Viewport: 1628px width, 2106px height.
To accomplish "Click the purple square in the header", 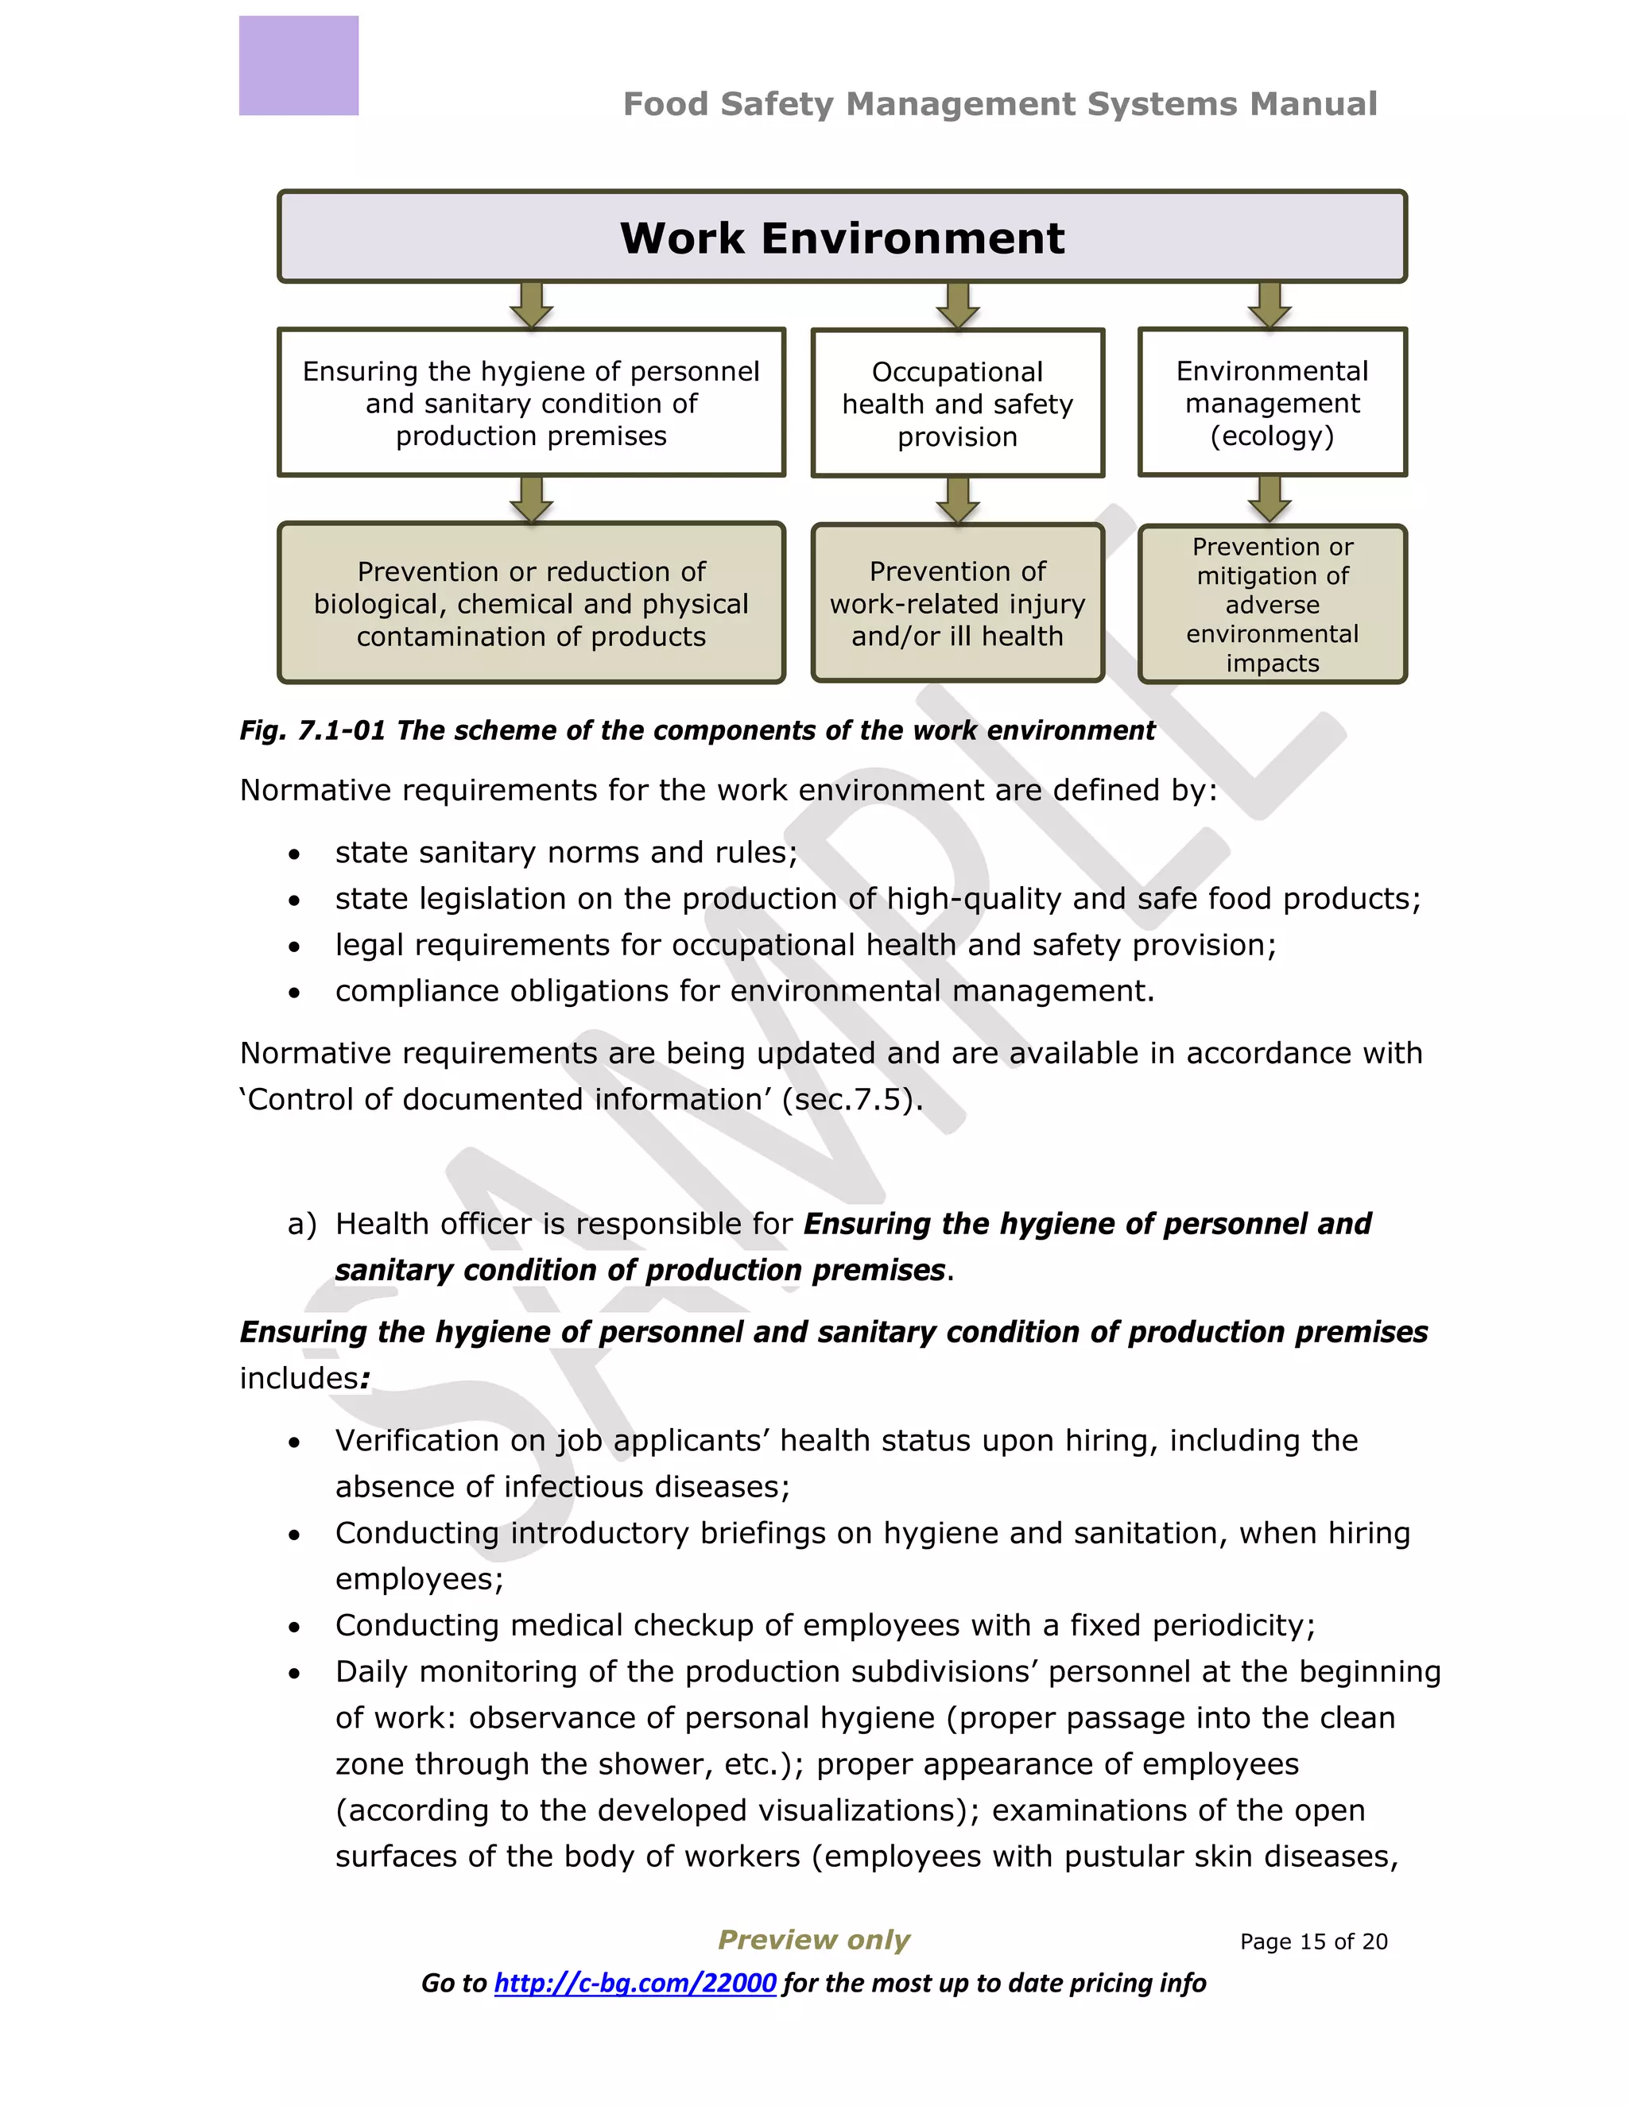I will click(x=299, y=66).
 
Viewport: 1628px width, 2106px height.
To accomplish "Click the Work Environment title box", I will click(x=842, y=237).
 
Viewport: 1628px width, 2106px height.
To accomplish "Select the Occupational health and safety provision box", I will click(x=958, y=404).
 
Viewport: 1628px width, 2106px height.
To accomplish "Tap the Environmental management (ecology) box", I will click(x=1272, y=403).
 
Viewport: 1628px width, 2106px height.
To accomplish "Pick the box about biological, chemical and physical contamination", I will click(x=532, y=604).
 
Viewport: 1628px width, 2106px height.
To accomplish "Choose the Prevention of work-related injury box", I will click(x=958, y=604).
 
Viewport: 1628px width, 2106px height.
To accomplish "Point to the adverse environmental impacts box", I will click(x=1272, y=605).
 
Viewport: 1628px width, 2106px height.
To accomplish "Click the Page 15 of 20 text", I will click(x=1313, y=1941).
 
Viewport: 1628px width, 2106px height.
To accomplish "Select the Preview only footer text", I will click(x=814, y=1939).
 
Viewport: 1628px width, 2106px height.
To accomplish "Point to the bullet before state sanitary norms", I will click(x=294, y=854).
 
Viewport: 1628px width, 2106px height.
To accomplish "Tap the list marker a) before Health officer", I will click(x=302, y=1224).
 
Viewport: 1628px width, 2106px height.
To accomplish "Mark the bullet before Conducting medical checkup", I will click(x=294, y=1628).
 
